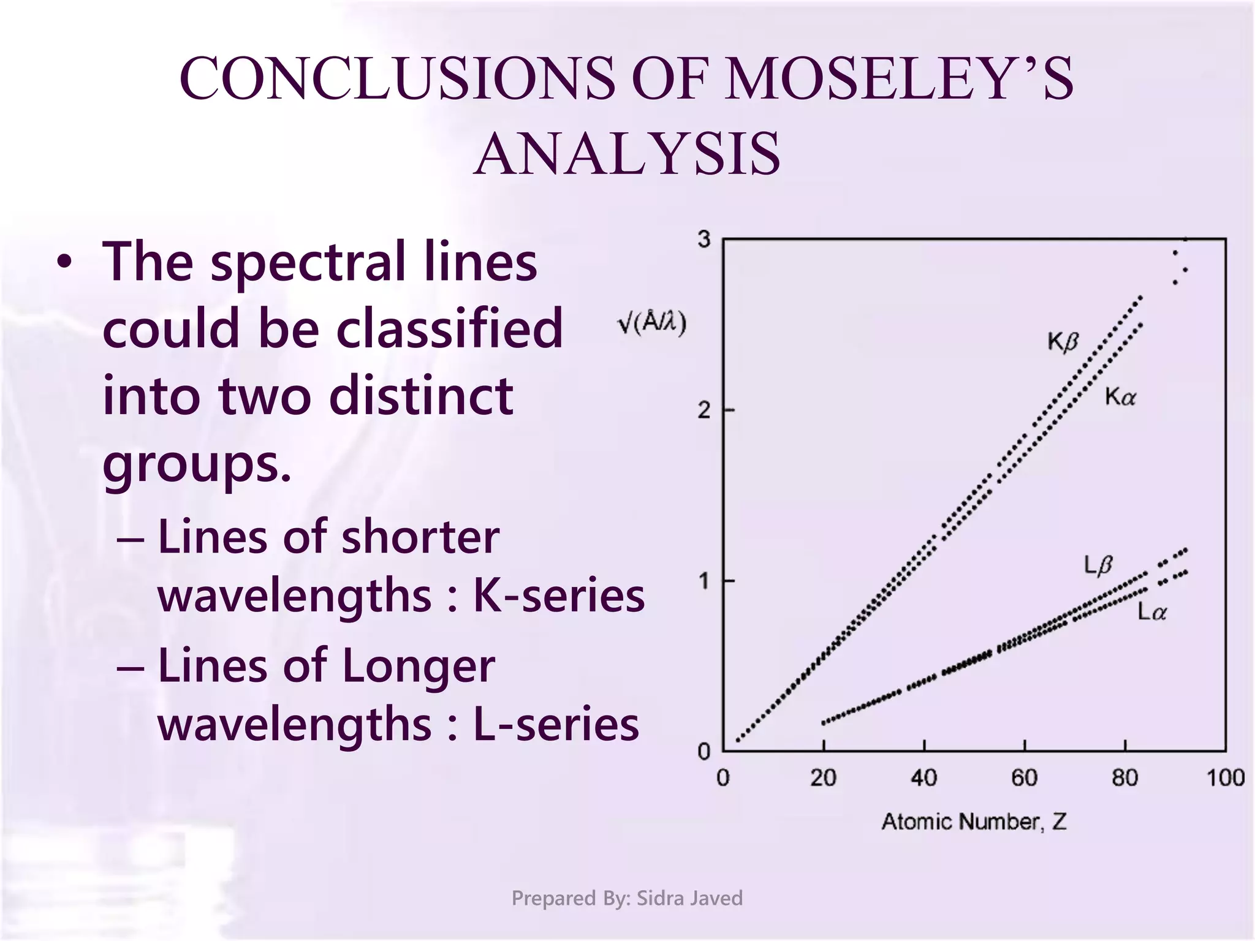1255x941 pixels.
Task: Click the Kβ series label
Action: (x=1063, y=342)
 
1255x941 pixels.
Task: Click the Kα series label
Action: (x=1120, y=398)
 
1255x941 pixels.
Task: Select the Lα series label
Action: (x=1152, y=611)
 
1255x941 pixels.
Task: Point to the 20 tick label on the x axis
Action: (x=823, y=778)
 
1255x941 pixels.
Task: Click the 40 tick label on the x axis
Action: (x=923, y=778)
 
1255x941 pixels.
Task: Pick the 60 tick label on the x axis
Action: (x=1024, y=778)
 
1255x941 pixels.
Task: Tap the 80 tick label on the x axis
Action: (x=1124, y=778)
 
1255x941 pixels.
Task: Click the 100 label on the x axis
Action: (x=1225, y=778)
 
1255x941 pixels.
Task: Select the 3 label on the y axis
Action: (x=703, y=240)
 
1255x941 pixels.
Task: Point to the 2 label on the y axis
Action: (x=703, y=410)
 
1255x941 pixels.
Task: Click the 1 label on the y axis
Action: (x=703, y=580)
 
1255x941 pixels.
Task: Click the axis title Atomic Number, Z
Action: (x=974, y=822)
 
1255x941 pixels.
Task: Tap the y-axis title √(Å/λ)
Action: (x=651, y=322)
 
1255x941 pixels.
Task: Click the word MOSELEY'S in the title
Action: (x=898, y=78)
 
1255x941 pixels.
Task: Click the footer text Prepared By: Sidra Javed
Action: (x=627, y=898)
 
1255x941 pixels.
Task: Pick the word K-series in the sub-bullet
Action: (x=559, y=595)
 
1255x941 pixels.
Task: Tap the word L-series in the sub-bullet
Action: (x=556, y=724)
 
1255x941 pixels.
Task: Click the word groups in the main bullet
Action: (x=196, y=464)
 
